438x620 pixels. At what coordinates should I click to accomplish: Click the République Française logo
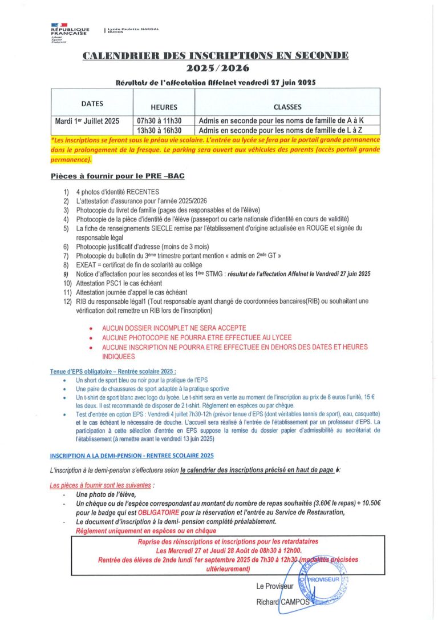70,33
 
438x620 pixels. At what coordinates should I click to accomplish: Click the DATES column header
92,104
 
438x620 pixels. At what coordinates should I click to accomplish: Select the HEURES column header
164,107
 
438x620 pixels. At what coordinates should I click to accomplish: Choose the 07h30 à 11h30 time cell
159,120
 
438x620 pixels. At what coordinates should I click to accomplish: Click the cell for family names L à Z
281,130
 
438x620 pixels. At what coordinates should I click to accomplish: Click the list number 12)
67,301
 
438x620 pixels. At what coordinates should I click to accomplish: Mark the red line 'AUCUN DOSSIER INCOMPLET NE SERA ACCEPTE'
174,328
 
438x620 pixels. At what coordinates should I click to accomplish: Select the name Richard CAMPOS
283,602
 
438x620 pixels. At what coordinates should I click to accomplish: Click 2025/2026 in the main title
215,68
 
